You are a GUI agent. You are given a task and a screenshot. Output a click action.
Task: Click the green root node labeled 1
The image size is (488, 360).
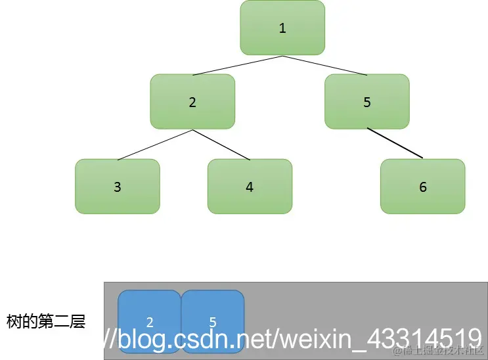pyautogui.click(x=282, y=28)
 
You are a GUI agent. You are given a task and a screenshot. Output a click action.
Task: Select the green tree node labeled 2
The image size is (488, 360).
pyautogui.click(x=192, y=102)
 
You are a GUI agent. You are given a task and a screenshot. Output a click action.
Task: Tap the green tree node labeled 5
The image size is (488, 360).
pyautogui.click(x=366, y=102)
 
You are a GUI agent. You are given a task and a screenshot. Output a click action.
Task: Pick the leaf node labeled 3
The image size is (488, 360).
pyautogui.click(x=118, y=187)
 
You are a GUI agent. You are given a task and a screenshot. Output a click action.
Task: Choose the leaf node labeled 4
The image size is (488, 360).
pyautogui.click(x=250, y=187)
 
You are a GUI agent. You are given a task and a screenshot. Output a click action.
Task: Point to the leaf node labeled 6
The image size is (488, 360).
pyautogui.click(x=422, y=187)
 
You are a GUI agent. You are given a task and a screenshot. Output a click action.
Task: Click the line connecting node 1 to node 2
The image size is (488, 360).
pyautogui.click(x=237, y=66)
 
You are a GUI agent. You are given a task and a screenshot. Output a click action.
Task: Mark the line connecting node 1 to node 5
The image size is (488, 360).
pyautogui.click(x=324, y=66)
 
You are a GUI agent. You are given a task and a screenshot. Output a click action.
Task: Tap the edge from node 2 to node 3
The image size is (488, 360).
pyautogui.click(x=155, y=145)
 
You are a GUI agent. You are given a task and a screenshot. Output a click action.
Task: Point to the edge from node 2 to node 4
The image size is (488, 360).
pyautogui.click(x=221, y=145)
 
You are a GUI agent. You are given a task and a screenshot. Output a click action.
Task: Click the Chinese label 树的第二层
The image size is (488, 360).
pyautogui.click(x=46, y=322)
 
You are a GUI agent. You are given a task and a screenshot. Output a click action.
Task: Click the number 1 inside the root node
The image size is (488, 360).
pyautogui.click(x=282, y=28)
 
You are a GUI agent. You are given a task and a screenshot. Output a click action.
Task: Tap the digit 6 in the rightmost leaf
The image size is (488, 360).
pyautogui.click(x=422, y=187)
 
